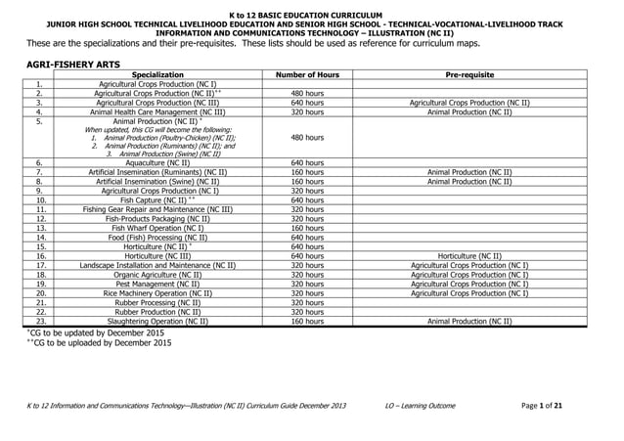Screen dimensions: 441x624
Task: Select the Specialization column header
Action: [157, 74]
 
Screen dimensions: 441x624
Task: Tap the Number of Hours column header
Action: [307, 74]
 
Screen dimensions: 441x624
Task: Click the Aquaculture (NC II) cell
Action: [157, 162]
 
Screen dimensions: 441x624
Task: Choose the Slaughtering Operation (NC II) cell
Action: [157, 321]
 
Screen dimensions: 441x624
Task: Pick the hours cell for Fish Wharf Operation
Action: [307, 228]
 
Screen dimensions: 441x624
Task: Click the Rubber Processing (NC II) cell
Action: [157, 302]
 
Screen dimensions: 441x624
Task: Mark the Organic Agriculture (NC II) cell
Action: [157, 275]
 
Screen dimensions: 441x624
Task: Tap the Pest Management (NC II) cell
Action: [157, 284]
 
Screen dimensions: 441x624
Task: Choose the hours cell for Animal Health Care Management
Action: [307, 111]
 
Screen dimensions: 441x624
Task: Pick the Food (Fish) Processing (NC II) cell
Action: [157, 237]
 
